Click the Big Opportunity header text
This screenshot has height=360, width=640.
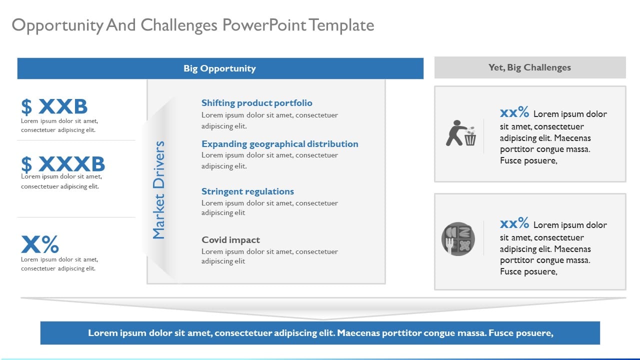219,68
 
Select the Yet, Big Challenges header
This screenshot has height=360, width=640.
529,67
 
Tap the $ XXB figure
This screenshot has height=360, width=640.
54,106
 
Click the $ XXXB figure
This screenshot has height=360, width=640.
63,164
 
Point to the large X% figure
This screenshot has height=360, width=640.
40,244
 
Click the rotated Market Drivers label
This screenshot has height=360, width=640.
158,190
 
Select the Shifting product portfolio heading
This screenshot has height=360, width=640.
256,103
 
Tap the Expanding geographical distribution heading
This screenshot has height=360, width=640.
279,144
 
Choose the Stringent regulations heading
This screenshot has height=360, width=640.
247,191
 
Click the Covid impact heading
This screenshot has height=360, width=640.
230,240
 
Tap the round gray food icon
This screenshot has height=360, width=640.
458,238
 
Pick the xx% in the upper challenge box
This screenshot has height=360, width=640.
514,112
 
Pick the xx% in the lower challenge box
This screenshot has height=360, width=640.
514,223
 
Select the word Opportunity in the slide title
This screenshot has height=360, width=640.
57,25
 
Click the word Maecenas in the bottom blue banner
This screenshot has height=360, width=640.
359,332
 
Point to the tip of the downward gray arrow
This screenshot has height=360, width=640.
323,318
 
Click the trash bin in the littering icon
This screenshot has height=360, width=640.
470,138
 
